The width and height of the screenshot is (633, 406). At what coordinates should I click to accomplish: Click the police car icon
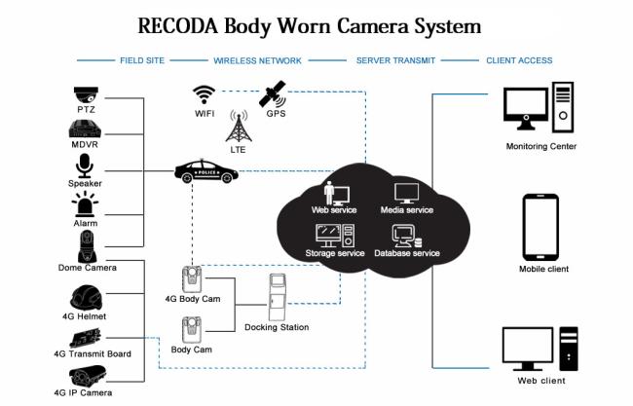(x=206, y=171)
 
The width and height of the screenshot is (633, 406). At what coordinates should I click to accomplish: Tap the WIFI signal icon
(x=204, y=95)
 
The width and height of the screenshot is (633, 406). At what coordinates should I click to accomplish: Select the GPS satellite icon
(x=273, y=94)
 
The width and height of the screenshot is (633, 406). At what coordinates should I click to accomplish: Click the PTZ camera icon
(x=86, y=95)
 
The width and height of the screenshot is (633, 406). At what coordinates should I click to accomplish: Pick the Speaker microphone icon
(x=85, y=166)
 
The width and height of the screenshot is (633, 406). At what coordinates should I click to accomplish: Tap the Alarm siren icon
(x=85, y=204)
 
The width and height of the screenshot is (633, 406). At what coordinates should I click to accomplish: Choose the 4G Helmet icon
(x=86, y=298)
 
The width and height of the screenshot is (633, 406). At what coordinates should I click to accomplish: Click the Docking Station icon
(x=278, y=297)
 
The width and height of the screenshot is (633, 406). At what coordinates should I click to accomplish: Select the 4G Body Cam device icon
(x=192, y=279)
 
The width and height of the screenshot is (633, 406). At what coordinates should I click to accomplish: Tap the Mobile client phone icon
(x=540, y=227)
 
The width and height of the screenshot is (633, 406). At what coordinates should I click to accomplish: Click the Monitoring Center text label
(x=540, y=146)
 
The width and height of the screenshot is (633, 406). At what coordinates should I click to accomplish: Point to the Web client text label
(x=541, y=381)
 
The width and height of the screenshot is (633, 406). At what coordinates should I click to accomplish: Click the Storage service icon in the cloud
(x=335, y=236)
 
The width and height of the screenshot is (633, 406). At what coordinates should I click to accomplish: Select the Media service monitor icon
(x=406, y=194)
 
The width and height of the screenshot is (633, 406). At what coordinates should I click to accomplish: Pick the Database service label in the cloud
(x=407, y=253)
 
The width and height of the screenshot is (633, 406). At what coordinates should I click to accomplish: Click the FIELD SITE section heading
(x=142, y=60)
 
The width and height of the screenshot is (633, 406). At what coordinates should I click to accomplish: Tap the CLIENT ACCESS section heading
(x=519, y=60)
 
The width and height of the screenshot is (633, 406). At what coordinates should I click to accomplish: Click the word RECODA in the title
(x=178, y=26)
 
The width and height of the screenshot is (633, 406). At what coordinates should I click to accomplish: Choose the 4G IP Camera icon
(x=88, y=377)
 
